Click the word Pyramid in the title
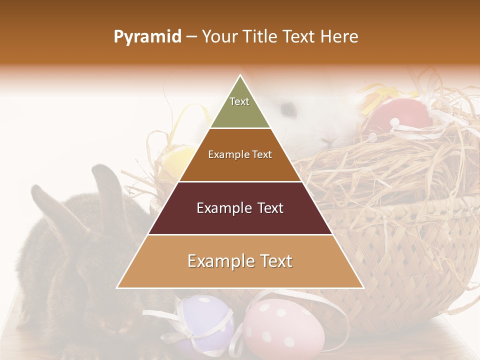pyautogui.click(x=147, y=37)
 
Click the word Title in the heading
pyautogui.click(x=258, y=37)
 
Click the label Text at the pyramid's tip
pyautogui.click(x=239, y=101)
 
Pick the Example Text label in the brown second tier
pyautogui.click(x=240, y=154)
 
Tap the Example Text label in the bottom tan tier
pyautogui.click(x=240, y=261)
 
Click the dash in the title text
pyautogui.click(x=191, y=37)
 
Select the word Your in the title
pyautogui.click(x=219, y=37)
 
